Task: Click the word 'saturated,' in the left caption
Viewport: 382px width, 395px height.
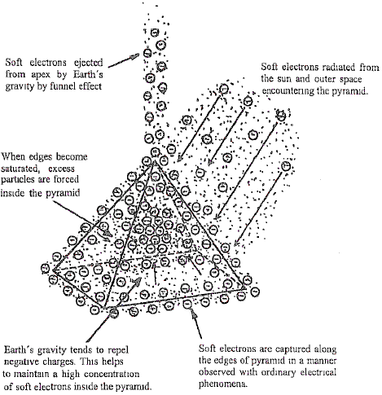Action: pos(20,169)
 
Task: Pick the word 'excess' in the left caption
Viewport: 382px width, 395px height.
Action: pos(61,169)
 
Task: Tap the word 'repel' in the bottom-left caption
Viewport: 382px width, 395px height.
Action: pos(117,350)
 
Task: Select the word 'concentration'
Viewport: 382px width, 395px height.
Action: pos(112,374)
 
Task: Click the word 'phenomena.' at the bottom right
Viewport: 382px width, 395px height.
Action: pos(223,384)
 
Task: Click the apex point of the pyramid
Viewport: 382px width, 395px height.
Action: pos(154,160)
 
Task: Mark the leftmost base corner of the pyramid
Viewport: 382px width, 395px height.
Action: pos(53,270)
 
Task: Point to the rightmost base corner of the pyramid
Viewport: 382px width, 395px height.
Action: pos(245,288)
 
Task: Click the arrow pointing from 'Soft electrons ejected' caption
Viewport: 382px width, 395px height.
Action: pos(124,60)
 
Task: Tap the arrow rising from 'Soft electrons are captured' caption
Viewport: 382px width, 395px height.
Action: pos(196,323)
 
